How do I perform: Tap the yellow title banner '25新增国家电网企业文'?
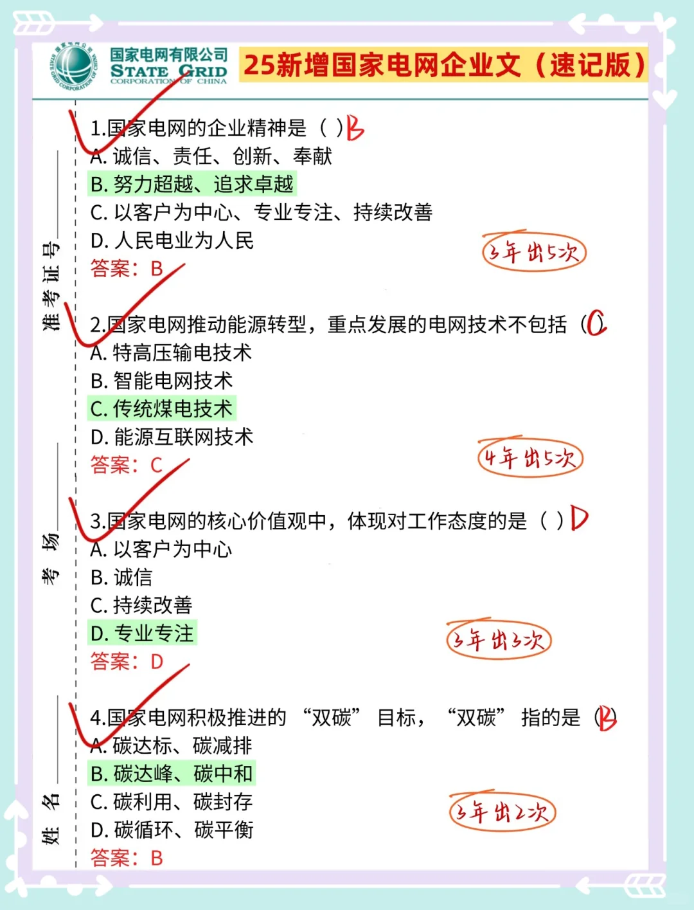pos(443,65)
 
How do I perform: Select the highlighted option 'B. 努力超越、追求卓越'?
pos(191,185)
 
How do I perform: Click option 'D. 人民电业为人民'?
pos(172,241)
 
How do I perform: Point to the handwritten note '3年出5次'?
pos(533,252)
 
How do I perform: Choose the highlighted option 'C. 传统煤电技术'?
pos(161,409)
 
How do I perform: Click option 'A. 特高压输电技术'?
pos(171,352)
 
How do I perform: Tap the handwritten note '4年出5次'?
pos(530,458)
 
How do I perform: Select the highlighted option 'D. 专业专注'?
pos(142,633)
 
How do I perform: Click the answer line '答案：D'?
pos(127,661)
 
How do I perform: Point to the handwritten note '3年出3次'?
pos(499,640)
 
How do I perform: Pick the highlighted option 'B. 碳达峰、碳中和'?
pos(172,774)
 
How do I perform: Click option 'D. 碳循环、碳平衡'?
pos(172,830)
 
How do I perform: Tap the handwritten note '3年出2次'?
pos(502,812)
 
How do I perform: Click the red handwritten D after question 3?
pos(578,518)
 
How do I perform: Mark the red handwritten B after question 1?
pos(355,128)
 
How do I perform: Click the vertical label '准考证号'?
pos(51,286)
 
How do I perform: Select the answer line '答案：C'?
pos(127,465)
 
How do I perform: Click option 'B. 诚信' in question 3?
pos(121,578)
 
